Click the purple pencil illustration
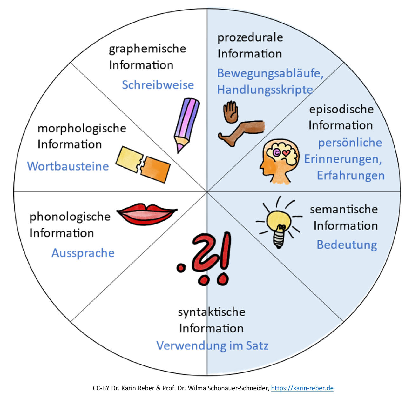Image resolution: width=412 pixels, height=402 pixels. pyautogui.click(x=186, y=124)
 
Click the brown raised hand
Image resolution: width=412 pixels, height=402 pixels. pyautogui.click(x=230, y=112)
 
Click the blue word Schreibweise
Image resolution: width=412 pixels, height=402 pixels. pyautogui.click(x=158, y=85)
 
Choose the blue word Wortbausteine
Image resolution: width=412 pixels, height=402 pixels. pyautogui.click(x=68, y=166)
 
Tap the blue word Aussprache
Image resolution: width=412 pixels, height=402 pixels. pyautogui.click(x=83, y=253)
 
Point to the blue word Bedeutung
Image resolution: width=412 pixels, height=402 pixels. pyautogui.click(x=347, y=245)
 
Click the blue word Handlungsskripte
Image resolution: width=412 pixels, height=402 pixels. pyautogui.click(x=265, y=90)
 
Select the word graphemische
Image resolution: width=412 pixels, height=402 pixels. pyautogui.click(x=147, y=49)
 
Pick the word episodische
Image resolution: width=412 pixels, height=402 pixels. pyautogui.click(x=341, y=109)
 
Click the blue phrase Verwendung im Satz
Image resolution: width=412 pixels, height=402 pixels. pyautogui.click(x=213, y=345)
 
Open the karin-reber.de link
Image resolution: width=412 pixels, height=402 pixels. pyautogui.click(x=302, y=388)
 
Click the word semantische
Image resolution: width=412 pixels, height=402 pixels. pyautogui.click(x=344, y=209)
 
